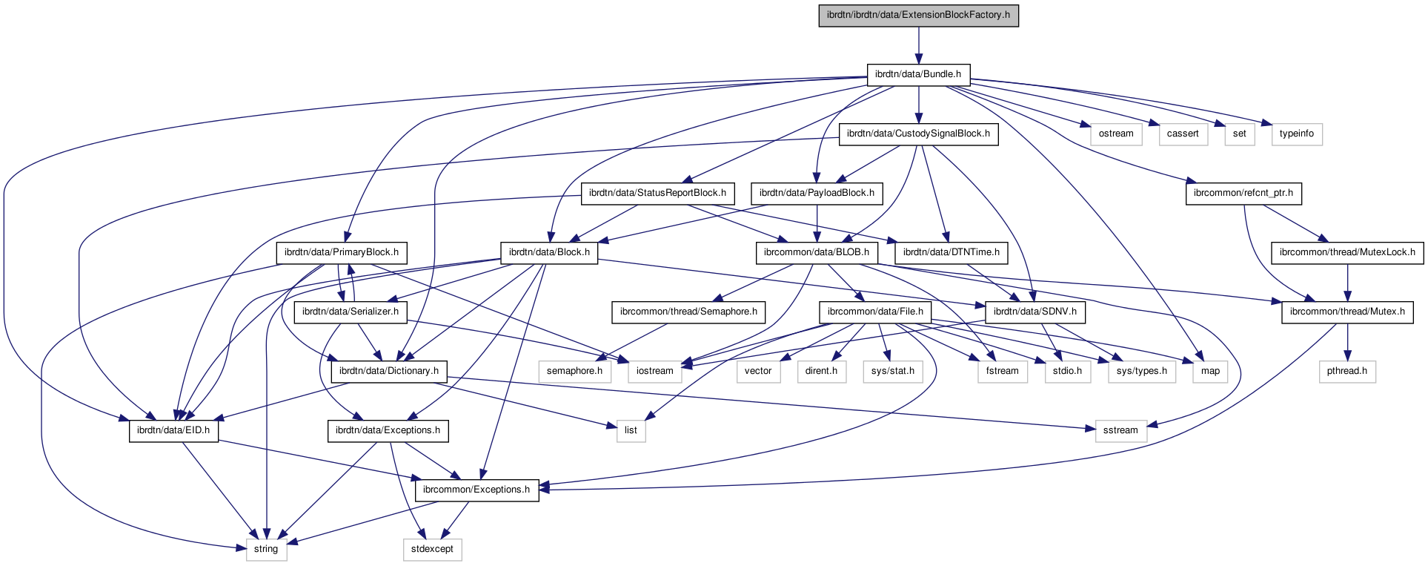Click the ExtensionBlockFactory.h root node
tap(918, 15)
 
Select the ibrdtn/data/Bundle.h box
tap(918, 74)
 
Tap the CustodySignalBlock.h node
tap(918, 134)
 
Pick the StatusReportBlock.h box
tap(657, 193)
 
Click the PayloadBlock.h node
tap(817, 193)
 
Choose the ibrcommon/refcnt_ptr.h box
tap(1243, 193)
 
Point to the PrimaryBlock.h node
tap(342, 252)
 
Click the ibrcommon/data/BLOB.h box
tap(817, 252)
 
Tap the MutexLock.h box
tap(1347, 252)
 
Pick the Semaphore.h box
tap(688, 312)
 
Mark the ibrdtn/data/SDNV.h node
tap(1035, 312)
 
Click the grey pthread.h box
tap(1347, 371)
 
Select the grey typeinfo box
tap(1297, 134)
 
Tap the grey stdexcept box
tap(432, 549)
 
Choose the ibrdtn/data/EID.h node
tap(173, 430)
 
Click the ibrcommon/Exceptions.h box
tap(476, 490)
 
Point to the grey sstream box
tap(1120, 430)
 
